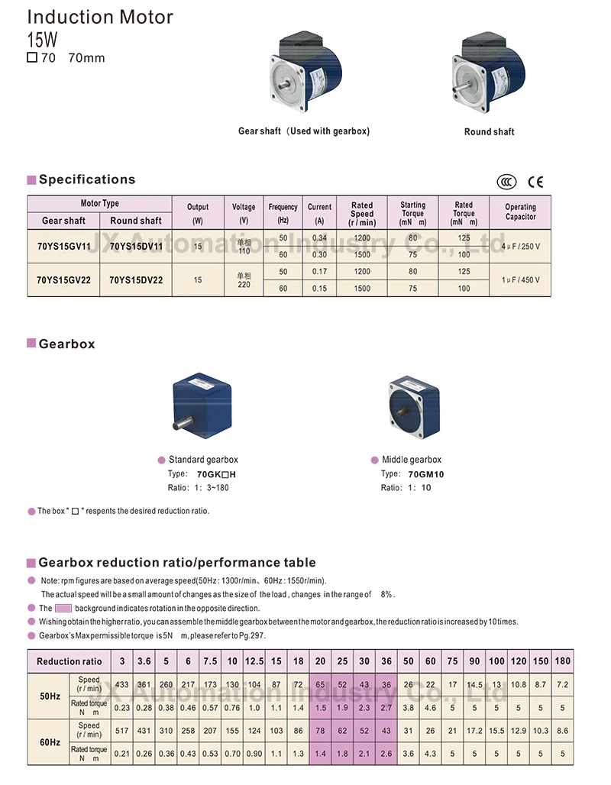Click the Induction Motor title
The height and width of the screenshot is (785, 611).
100,17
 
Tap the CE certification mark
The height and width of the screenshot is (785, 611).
536,182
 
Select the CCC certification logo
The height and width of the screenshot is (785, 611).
506,182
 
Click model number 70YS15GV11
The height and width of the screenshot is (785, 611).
63,247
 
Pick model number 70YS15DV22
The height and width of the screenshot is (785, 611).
136,280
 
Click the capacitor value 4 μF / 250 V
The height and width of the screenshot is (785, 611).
520,247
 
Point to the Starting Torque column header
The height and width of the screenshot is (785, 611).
412,213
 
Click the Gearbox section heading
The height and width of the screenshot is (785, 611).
67,344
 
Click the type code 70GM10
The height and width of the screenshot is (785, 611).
426,474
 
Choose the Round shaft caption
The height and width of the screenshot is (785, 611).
489,132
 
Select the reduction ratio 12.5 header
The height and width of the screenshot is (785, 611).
254,661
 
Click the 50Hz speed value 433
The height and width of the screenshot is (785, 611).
121,685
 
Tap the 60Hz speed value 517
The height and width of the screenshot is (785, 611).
121,731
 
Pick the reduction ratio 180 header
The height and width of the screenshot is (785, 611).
563,661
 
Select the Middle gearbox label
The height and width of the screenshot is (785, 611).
412,460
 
